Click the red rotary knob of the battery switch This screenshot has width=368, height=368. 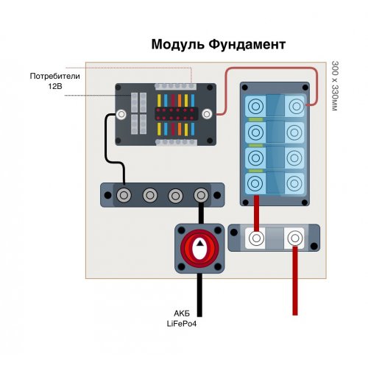pyautogui.click(x=198, y=250)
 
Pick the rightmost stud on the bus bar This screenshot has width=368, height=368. pyautogui.click(x=199, y=195)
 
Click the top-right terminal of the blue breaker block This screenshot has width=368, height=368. pyautogui.click(x=296, y=107)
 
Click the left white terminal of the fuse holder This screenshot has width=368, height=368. pyautogui.click(x=256, y=238)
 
